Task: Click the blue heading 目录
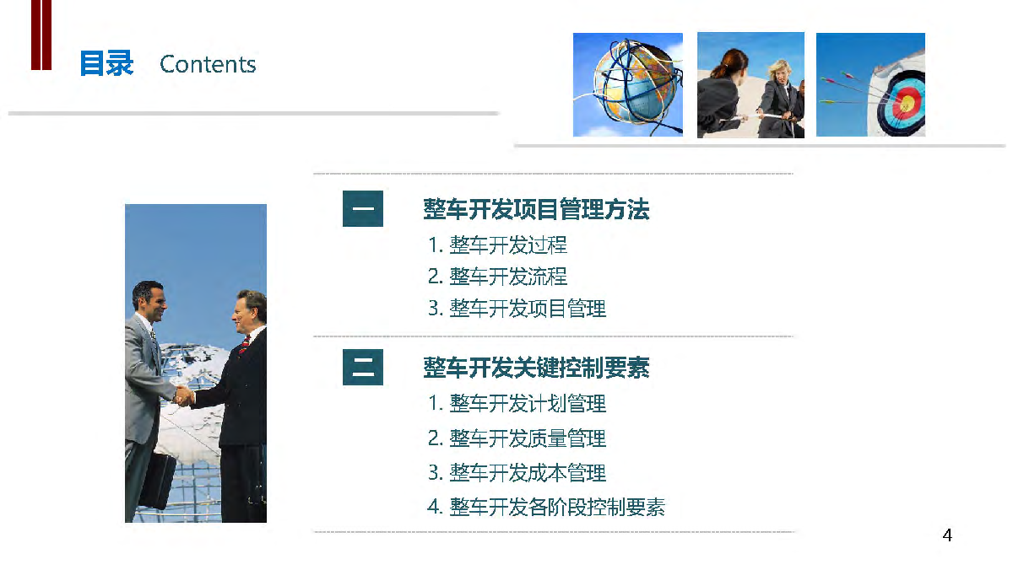pyautogui.click(x=106, y=63)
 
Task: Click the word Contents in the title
pyautogui.click(x=208, y=64)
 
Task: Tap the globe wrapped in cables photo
pyautogui.click(x=628, y=84)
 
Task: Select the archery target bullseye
pyautogui.click(x=906, y=105)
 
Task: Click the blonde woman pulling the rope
pyautogui.click(x=779, y=99)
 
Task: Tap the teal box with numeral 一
pyautogui.click(x=363, y=208)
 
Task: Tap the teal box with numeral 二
pyautogui.click(x=363, y=367)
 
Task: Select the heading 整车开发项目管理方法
pyautogui.click(x=536, y=209)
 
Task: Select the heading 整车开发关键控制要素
pyautogui.click(x=536, y=368)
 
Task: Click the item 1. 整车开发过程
pyautogui.click(x=497, y=245)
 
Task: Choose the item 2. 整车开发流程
pyautogui.click(x=497, y=277)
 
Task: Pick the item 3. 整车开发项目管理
pyautogui.click(x=517, y=309)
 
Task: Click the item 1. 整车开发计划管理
pyautogui.click(x=517, y=403)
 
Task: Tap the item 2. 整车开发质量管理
pyautogui.click(x=517, y=438)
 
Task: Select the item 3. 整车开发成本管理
pyautogui.click(x=517, y=473)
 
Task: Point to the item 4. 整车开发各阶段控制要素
pyautogui.click(x=546, y=508)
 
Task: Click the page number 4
pyautogui.click(x=947, y=535)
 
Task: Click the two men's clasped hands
pyautogui.click(x=184, y=396)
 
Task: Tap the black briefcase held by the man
pyautogui.click(x=158, y=481)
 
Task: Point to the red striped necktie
pyautogui.click(x=244, y=345)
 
